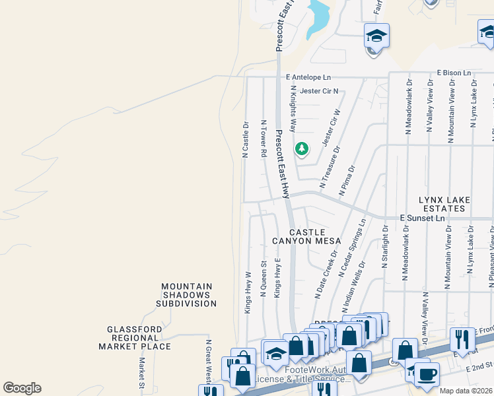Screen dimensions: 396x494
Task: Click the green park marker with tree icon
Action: click(302, 148)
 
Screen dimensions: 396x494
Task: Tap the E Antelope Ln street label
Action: click(309, 78)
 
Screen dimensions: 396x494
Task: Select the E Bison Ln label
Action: click(454, 72)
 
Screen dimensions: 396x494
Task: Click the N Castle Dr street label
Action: click(245, 139)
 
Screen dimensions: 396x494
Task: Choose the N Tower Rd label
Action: click(264, 139)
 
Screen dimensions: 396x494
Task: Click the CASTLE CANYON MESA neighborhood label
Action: click(307, 236)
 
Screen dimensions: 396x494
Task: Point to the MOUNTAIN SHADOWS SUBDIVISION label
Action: click(186, 295)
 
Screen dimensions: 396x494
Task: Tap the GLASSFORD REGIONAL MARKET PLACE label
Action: click(135, 337)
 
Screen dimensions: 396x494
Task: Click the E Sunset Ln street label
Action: click(423, 218)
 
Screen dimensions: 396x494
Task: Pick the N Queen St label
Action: click(264, 279)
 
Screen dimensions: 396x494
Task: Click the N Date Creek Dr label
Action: click(326, 273)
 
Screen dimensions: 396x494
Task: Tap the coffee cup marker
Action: click(427, 373)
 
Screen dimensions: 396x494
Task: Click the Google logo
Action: click(22, 388)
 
